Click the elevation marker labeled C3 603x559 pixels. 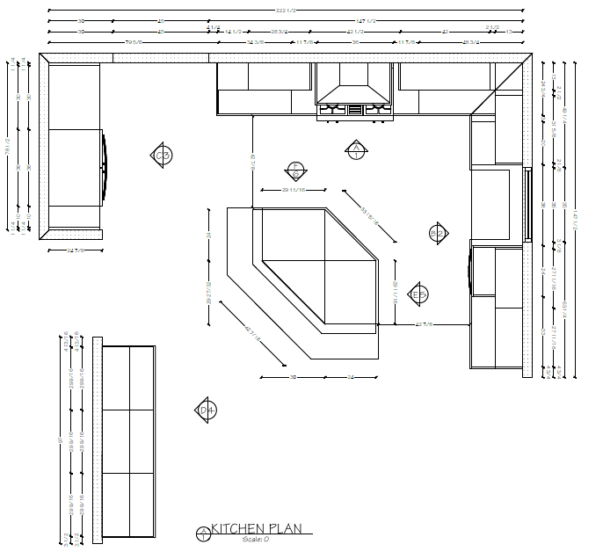click(162, 156)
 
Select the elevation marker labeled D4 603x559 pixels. click(205, 410)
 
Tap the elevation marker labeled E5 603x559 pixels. click(418, 294)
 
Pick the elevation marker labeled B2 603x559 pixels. click(437, 232)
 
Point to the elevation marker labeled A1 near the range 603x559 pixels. click(355, 150)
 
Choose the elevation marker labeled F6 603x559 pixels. click(296, 171)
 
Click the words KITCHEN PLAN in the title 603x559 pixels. click(257, 528)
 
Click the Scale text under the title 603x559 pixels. click(255, 539)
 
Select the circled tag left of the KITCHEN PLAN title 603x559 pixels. click(203, 532)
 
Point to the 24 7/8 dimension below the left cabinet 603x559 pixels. click(76, 250)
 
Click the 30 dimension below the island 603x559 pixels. click(293, 376)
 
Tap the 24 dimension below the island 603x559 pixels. click(350, 376)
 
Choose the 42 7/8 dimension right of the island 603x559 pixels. click(425, 325)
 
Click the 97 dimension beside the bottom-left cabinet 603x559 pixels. click(61, 439)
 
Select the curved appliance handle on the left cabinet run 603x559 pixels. click(106, 166)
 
